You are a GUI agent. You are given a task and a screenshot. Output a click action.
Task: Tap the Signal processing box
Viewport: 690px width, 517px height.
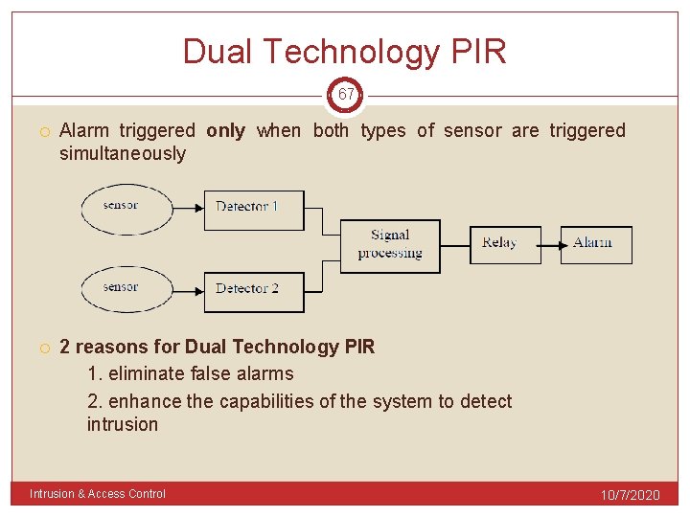pyautogui.click(x=390, y=246)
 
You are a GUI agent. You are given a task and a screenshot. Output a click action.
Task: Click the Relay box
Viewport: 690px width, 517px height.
pyautogui.click(x=504, y=244)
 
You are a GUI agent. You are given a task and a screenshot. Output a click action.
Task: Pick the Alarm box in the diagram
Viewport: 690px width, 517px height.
pyautogui.click(x=596, y=244)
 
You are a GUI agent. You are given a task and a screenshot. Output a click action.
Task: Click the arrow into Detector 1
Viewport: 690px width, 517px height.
pyautogui.click(x=188, y=207)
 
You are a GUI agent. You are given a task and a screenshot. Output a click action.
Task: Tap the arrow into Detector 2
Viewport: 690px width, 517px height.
pyautogui.click(x=188, y=288)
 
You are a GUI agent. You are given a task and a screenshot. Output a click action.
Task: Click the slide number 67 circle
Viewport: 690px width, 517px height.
pyautogui.click(x=346, y=95)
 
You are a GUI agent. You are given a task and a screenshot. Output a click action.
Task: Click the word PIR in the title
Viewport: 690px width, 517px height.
pyautogui.click(x=476, y=52)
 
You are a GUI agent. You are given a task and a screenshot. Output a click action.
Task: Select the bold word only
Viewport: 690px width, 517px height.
pyautogui.click(x=225, y=131)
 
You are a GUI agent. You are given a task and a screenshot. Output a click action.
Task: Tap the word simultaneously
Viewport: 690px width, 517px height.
pyautogui.click(x=123, y=154)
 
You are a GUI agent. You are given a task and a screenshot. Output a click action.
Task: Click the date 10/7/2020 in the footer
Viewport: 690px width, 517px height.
pyautogui.click(x=630, y=495)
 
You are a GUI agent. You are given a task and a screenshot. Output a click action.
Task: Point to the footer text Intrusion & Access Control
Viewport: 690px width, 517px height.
pyautogui.click(x=98, y=494)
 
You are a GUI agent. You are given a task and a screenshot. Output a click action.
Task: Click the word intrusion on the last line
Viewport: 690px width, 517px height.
pyautogui.click(x=123, y=424)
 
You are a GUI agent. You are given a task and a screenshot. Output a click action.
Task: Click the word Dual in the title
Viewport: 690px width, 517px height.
pyautogui.click(x=217, y=52)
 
